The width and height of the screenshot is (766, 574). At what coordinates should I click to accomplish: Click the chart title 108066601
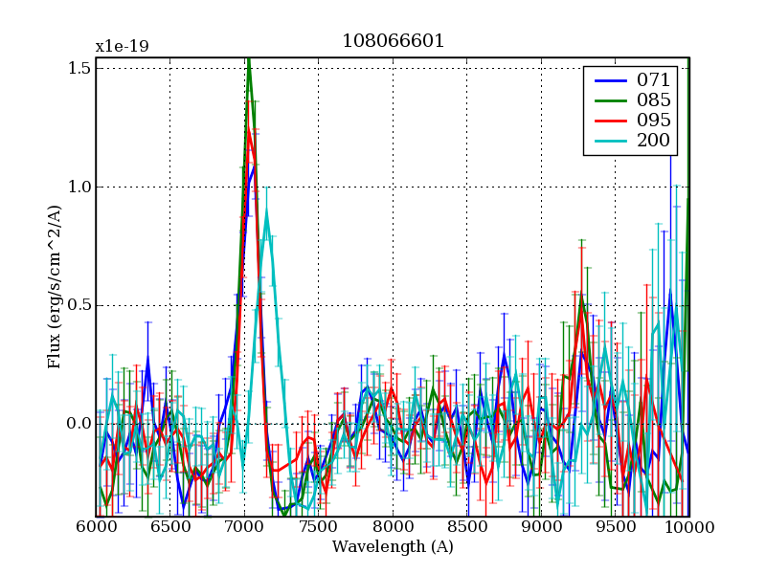(393, 42)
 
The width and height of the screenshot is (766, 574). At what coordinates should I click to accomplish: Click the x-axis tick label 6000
(96, 528)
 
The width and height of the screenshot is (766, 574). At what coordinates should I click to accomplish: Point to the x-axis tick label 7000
(244, 528)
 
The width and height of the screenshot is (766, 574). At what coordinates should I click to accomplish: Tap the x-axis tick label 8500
(467, 528)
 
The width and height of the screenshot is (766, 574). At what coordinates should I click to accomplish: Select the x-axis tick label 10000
(689, 528)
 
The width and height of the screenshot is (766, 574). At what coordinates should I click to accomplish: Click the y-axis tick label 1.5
(79, 68)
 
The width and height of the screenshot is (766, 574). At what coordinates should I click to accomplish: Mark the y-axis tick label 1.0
(79, 187)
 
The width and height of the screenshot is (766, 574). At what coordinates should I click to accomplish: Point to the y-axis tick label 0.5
(79, 305)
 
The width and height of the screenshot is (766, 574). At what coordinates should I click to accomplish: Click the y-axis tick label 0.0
(79, 424)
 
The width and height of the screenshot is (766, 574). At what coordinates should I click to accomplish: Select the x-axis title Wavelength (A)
(393, 548)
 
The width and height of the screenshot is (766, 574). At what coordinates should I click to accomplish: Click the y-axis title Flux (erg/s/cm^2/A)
(55, 287)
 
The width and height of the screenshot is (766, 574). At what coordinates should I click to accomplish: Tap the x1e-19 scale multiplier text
(122, 46)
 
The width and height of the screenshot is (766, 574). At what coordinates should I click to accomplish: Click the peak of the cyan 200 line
(267, 212)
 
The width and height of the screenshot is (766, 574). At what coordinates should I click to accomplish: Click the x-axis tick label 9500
(616, 528)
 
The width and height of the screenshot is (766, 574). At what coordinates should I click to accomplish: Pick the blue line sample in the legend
(607, 78)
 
